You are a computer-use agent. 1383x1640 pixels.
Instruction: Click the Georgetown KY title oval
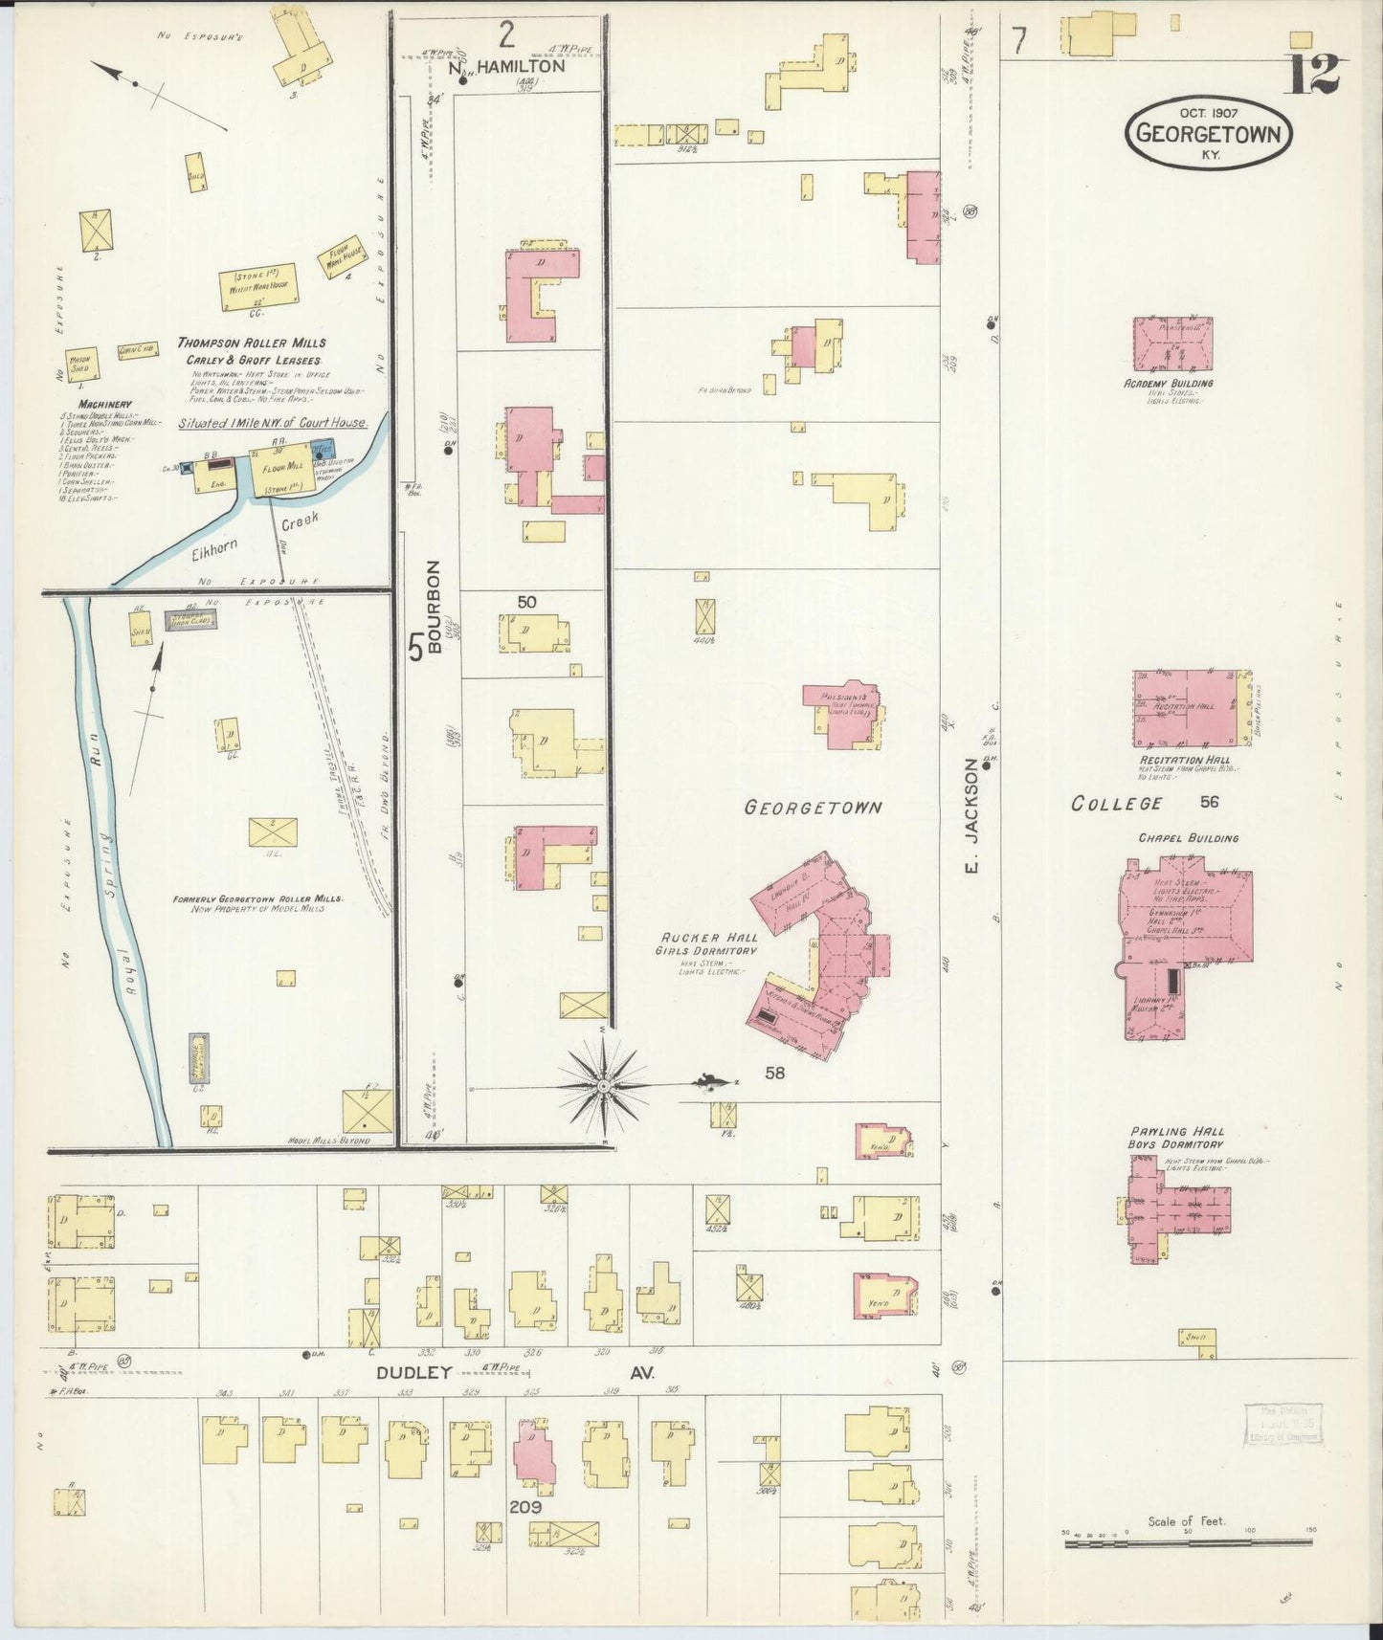point(1207,134)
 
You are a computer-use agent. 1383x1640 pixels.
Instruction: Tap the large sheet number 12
point(1312,74)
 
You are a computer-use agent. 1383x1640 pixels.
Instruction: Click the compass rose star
point(604,1087)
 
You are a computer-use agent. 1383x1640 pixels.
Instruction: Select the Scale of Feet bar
point(1187,1540)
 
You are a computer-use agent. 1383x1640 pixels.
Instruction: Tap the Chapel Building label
point(1188,838)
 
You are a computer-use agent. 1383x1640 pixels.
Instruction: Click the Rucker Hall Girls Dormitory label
point(706,944)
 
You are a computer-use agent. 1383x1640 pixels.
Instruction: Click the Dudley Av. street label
point(515,1372)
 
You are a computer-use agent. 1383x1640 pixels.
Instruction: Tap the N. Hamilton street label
point(507,67)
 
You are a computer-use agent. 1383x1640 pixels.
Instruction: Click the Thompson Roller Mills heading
point(252,343)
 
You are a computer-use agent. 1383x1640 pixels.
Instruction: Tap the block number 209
point(525,1508)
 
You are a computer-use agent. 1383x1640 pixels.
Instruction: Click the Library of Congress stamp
point(1283,1423)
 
